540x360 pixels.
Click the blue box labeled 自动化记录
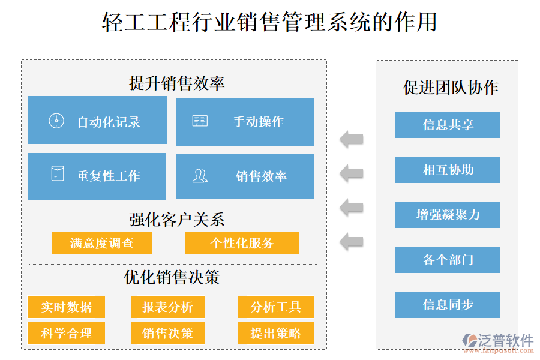[97, 121]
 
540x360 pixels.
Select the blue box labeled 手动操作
[245, 122]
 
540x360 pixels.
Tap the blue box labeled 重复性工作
[97, 176]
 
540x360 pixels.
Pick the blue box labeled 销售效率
[245, 176]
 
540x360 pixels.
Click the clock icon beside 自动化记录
[56, 121]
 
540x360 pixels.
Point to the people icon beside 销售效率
[200, 175]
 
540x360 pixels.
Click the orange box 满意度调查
[102, 243]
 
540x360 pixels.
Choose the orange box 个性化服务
[242, 243]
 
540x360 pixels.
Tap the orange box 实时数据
[66, 307]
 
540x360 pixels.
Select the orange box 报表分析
[167, 307]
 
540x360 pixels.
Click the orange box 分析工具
[275, 307]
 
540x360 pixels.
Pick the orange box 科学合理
[66, 333]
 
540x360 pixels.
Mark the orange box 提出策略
[275, 333]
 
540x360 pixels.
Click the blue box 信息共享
[448, 125]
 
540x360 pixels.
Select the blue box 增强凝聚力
[448, 215]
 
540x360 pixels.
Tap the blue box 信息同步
[448, 305]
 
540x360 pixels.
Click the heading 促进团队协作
[451, 88]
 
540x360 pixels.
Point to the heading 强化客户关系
[177, 220]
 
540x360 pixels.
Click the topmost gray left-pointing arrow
[352, 139]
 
